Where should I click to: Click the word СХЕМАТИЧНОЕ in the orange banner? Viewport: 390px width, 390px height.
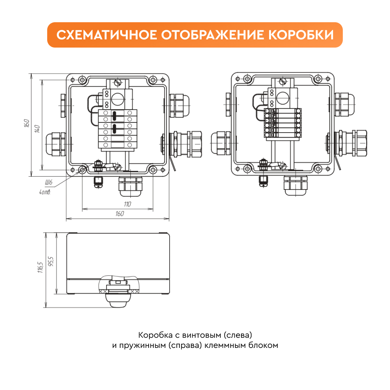(107, 35)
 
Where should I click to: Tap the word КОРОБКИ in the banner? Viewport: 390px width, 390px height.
(301, 35)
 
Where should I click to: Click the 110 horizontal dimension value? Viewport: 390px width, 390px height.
(128, 204)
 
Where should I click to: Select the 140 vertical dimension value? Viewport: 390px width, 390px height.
(37, 129)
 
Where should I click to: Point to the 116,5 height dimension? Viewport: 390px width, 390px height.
(40, 268)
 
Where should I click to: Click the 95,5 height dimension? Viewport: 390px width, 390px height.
(51, 262)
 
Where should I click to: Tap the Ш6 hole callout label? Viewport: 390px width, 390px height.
(49, 182)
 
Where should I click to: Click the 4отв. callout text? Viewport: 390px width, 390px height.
(45, 192)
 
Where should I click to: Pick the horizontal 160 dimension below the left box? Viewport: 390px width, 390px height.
(119, 214)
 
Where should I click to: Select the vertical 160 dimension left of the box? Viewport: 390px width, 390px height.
(27, 123)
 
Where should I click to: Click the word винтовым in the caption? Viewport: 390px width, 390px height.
(202, 335)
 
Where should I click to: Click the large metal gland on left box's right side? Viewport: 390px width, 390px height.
(185, 144)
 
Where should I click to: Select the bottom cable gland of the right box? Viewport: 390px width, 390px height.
(296, 185)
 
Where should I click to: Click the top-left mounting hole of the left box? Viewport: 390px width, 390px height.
(82, 80)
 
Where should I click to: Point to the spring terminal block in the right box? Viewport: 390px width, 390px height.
(283, 123)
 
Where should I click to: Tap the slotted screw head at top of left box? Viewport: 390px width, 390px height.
(117, 82)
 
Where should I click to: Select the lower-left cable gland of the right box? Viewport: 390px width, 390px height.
(221, 143)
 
